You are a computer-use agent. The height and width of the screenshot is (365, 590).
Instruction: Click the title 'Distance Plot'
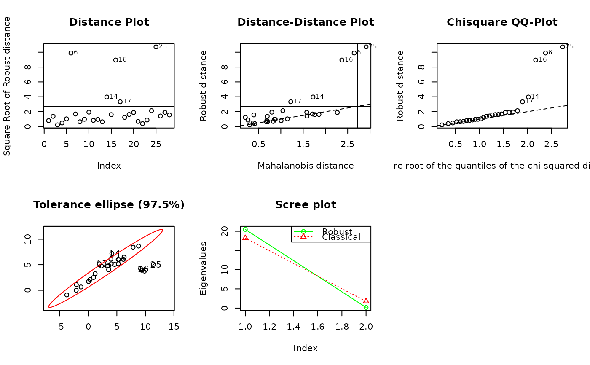pyautogui.click(x=109, y=22)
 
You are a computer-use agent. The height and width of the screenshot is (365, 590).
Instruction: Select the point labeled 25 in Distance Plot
pyautogui.click(x=156, y=47)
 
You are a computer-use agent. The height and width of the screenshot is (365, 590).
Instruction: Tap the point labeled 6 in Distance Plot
pyautogui.click(x=71, y=53)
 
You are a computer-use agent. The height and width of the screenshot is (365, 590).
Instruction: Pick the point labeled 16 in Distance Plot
pyautogui.click(x=116, y=60)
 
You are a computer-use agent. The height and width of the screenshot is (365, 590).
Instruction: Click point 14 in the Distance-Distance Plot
pyautogui.click(x=313, y=97)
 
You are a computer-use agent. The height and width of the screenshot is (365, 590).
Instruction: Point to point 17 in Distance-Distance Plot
pyautogui.click(x=291, y=102)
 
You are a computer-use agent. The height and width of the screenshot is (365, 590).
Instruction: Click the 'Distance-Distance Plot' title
pyautogui.click(x=306, y=22)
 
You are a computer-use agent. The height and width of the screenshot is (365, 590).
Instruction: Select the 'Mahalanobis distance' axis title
pyautogui.click(x=306, y=166)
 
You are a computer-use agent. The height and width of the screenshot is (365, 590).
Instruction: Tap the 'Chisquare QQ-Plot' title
pyautogui.click(x=502, y=22)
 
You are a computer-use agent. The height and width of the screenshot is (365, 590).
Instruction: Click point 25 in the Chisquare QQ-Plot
pyautogui.click(x=563, y=47)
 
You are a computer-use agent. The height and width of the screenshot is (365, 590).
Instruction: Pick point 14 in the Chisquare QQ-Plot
pyautogui.click(x=528, y=97)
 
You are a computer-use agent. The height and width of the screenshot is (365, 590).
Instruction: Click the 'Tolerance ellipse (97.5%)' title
pyautogui.click(x=109, y=205)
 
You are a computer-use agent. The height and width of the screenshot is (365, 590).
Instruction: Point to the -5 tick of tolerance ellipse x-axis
pyautogui.click(x=59, y=327)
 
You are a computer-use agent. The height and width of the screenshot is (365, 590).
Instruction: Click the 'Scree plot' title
pyautogui.click(x=306, y=205)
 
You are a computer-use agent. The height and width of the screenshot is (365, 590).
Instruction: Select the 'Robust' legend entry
pyautogui.click(x=337, y=232)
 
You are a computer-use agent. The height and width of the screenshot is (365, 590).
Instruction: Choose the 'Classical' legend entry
pyautogui.click(x=341, y=237)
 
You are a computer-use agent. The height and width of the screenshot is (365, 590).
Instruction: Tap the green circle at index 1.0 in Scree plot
pyautogui.click(x=245, y=229)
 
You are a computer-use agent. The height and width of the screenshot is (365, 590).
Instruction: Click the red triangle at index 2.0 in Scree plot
pyautogui.click(x=366, y=301)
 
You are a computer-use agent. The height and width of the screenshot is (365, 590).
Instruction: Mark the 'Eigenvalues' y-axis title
pyautogui.click(x=204, y=268)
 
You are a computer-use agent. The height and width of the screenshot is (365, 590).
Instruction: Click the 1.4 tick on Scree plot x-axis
pyautogui.click(x=294, y=327)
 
